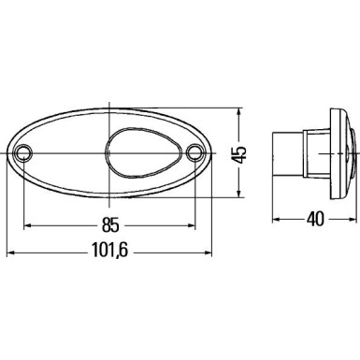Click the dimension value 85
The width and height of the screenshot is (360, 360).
[x=110, y=223]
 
